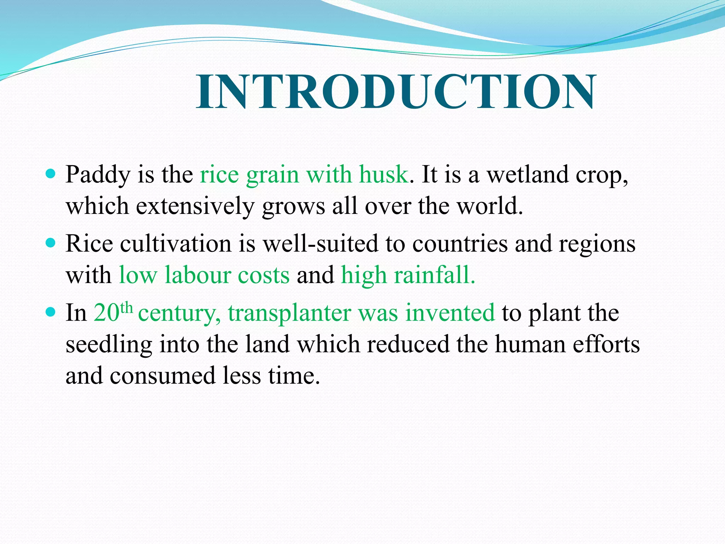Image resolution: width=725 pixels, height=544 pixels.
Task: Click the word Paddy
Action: pos(98,175)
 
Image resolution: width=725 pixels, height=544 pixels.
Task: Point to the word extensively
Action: pos(195,206)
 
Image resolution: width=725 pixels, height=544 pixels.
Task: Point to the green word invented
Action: pos(450,313)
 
